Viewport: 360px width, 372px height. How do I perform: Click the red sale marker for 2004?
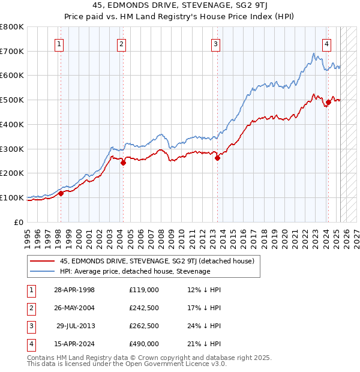(123, 163)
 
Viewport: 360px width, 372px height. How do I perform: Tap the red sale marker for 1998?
(61, 193)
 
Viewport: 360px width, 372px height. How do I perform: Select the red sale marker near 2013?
(217, 158)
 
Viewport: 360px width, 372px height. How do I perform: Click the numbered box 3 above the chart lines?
(215, 43)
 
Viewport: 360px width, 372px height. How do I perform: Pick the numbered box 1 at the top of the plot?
(59, 43)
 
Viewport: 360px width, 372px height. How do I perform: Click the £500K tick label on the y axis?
(12, 100)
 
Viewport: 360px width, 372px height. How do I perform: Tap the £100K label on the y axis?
(12, 197)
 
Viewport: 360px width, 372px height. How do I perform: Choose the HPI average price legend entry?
(135, 271)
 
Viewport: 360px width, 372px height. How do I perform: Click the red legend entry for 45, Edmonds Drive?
(157, 261)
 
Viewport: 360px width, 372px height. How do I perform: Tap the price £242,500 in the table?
(144, 308)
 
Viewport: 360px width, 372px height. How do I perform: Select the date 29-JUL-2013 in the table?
(76, 326)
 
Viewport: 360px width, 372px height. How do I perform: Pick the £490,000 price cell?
(144, 344)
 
